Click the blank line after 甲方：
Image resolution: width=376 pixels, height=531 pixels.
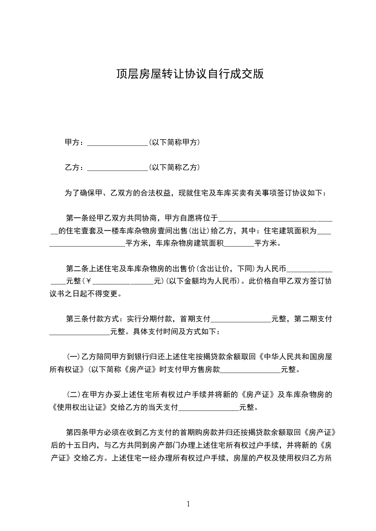coord(118,142)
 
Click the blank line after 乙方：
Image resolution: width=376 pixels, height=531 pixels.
coord(118,168)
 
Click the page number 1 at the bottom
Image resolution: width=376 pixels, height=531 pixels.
coord(189,504)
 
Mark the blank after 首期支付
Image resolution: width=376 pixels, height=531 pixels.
coord(241,319)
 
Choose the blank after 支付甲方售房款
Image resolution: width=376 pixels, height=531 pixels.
coord(250,370)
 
